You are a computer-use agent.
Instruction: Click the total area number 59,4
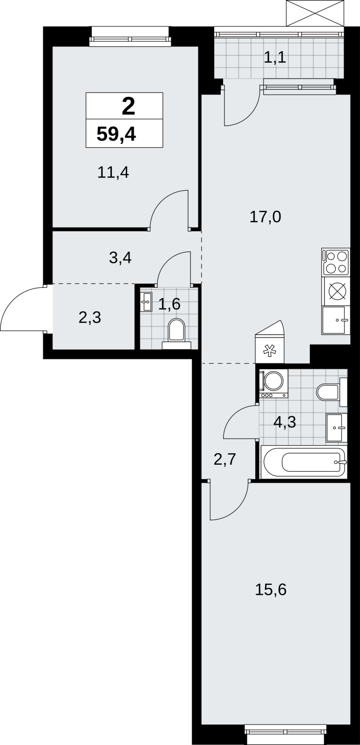click(116, 135)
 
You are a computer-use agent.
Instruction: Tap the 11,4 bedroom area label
click(113, 173)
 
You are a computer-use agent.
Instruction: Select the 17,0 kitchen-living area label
click(265, 217)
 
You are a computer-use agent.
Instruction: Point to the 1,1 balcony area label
click(275, 58)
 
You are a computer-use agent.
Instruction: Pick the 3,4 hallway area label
click(121, 258)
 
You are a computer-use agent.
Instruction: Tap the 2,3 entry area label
click(90, 317)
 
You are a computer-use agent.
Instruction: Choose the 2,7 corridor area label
click(225, 459)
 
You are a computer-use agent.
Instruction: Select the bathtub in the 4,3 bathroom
click(304, 462)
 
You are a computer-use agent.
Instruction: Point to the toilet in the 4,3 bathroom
click(332, 392)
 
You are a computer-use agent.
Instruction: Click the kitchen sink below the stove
click(336, 320)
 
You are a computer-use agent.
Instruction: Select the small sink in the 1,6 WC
click(146, 302)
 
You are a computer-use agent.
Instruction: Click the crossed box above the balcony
click(315, 13)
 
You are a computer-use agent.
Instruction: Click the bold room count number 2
click(129, 107)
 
